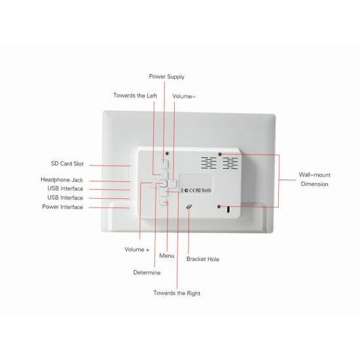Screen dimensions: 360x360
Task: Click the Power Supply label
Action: pos(167,77)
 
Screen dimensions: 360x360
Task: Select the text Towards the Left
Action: pos(135,96)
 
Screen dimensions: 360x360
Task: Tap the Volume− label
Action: pos(184,96)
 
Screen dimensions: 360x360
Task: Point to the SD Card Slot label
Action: pos(67,164)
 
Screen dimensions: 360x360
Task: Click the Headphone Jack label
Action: pos(62,180)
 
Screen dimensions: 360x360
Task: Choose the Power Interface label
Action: pos(62,207)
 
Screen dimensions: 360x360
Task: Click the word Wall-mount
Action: pos(315,175)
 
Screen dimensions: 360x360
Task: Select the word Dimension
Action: pos(315,184)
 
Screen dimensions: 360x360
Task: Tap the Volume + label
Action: pos(137,249)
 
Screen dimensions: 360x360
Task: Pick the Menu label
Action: pos(167,256)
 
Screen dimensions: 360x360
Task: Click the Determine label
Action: pos(147,272)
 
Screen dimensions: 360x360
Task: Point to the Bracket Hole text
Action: pos(203,259)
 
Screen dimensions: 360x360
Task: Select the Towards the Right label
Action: pos(177,293)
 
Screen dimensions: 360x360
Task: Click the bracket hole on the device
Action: pos(189,207)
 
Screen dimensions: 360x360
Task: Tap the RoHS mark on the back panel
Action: pos(206,190)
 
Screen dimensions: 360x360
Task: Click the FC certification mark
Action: pos(198,190)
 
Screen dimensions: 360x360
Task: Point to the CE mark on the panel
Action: pos(192,190)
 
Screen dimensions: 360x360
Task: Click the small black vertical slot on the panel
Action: pos(228,209)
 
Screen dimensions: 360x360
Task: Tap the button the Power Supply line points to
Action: pos(164,164)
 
